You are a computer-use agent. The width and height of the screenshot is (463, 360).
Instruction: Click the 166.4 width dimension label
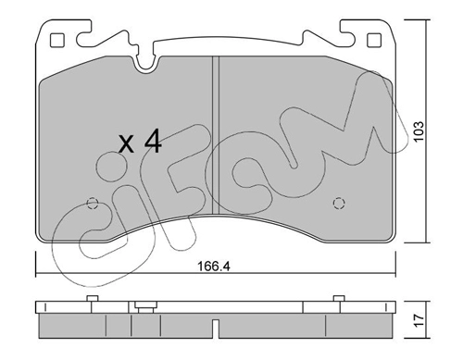click(214, 266)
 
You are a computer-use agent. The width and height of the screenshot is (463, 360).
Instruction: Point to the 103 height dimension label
click(419, 131)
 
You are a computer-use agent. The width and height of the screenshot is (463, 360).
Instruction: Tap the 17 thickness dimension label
click(419, 321)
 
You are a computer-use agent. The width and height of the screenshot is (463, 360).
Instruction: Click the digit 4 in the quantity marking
click(153, 142)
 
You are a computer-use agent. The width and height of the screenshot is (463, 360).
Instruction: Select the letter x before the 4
click(127, 145)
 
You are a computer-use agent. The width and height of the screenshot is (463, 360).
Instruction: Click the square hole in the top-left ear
click(56, 40)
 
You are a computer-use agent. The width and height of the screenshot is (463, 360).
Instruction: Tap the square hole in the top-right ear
click(374, 40)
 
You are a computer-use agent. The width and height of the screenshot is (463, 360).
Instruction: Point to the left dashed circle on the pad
click(93, 204)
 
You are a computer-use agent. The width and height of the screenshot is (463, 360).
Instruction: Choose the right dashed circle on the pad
click(339, 204)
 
